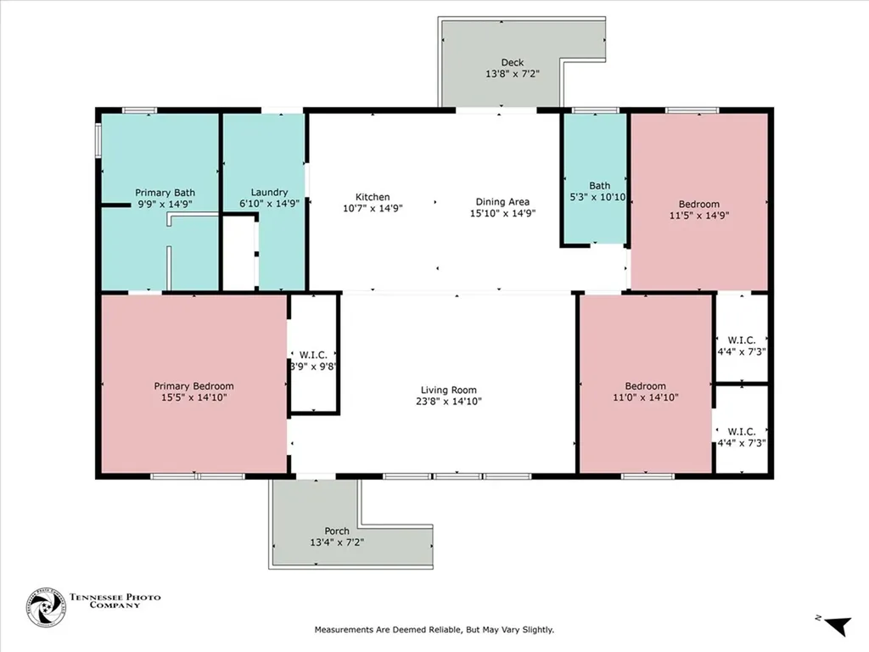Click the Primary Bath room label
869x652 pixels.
165,193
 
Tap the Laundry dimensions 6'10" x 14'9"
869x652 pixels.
269,204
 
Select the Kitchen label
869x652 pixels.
372,197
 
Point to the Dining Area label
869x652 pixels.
502,202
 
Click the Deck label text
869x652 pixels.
512,62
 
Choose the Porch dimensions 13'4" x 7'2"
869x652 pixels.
337,542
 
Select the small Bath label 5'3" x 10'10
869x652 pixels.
599,197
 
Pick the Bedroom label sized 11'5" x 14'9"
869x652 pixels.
698,204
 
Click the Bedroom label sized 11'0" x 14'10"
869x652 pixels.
646,386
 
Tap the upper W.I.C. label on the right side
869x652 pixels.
741,340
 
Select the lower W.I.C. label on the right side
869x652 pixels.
741,431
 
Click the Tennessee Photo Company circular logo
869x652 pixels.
45,608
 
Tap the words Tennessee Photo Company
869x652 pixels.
115,602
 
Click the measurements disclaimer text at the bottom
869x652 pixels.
434,630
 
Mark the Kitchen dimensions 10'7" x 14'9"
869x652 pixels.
372,208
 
